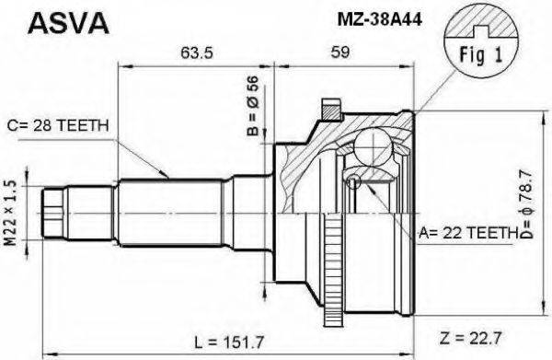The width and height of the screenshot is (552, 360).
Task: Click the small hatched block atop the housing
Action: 328,111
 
